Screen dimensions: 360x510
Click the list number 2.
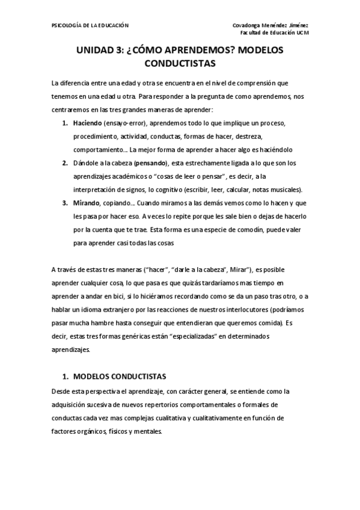pos(64,162)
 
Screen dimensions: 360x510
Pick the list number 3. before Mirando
pos(64,203)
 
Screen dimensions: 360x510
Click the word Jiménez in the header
pos(296,25)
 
